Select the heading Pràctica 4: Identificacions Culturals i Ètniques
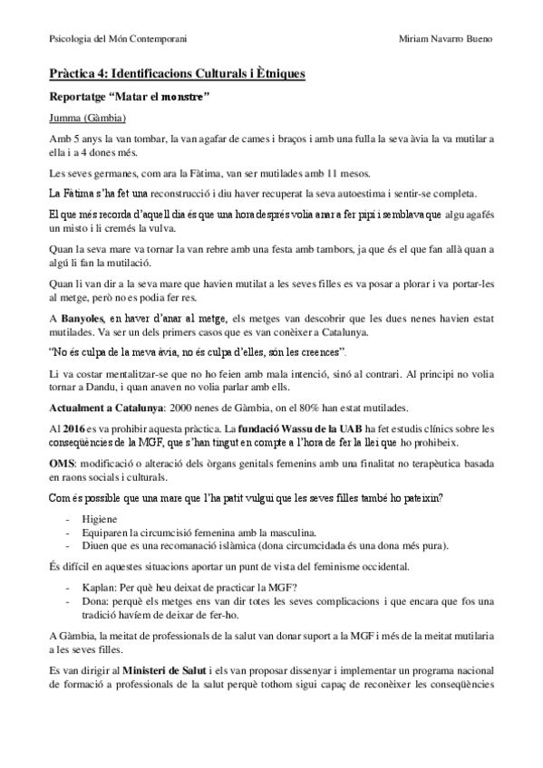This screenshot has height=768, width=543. (177, 72)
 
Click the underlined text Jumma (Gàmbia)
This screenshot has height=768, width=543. (87, 118)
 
